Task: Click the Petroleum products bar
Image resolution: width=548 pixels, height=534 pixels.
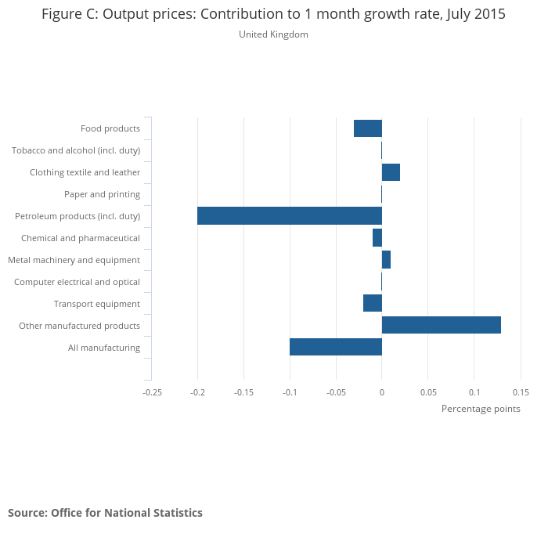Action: click(290, 216)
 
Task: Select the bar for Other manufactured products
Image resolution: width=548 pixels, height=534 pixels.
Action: click(442, 326)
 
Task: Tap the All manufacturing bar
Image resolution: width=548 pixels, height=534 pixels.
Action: click(336, 347)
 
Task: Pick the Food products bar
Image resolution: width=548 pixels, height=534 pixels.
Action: click(368, 128)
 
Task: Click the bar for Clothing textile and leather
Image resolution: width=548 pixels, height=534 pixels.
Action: click(391, 172)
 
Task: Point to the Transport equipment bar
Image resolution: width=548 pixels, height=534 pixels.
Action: click(373, 303)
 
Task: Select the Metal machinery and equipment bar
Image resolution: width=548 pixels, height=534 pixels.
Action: click(386, 259)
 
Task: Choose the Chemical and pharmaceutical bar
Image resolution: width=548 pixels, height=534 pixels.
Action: click(377, 237)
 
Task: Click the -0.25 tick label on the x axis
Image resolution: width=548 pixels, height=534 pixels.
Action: click(151, 391)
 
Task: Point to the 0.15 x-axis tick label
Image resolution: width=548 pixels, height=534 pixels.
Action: click(521, 391)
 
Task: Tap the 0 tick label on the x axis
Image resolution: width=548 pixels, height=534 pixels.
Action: click(382, 391)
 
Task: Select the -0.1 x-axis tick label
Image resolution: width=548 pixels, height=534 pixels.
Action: click(290, 391)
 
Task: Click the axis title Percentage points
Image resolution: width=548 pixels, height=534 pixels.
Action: click(481, 409)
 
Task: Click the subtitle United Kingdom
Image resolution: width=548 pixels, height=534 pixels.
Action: click(273, 34)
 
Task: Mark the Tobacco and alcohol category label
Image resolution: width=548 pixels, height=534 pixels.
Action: click(76, 150)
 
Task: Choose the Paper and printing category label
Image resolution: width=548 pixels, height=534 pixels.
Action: click(103, 194)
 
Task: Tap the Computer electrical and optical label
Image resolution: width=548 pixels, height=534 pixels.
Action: click(77, 282)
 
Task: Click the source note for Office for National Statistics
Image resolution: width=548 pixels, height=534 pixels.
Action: click(105, 513)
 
